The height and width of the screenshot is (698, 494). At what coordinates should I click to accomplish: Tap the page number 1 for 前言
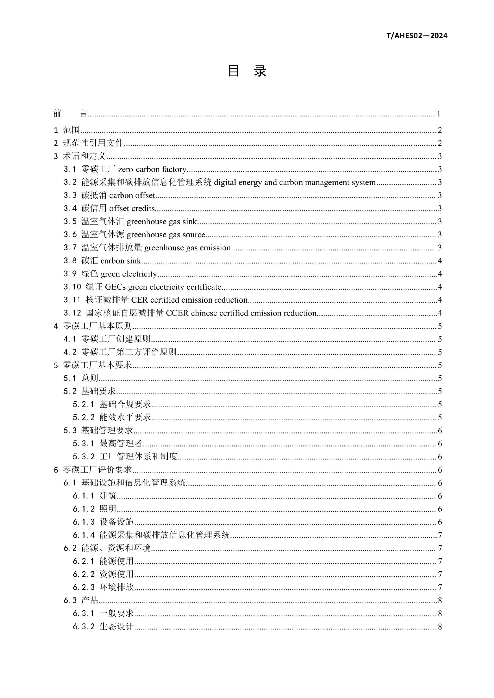pyautogui.click(x=439, y=114)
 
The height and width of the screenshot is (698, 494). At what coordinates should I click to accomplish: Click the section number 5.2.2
pyautogui.click(x=84, y=417)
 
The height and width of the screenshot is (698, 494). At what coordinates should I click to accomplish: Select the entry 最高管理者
pyautogui.click(x=121, y=443)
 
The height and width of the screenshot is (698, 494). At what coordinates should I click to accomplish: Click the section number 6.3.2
pyautogui.click(x=84, y=626)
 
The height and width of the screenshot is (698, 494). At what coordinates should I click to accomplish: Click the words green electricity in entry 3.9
pyautogui.click(x=129, y=274)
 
